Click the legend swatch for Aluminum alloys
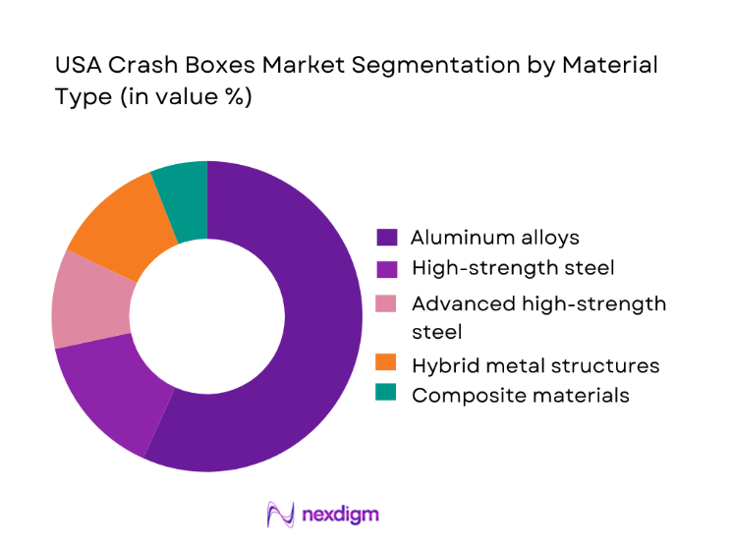387,238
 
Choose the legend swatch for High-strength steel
387,268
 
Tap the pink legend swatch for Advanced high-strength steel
387,304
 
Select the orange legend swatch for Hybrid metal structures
387,365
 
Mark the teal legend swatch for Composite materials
387,396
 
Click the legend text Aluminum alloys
495,238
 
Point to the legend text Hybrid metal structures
535,365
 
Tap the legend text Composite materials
521,396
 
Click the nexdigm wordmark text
341,514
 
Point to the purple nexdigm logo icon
282,514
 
